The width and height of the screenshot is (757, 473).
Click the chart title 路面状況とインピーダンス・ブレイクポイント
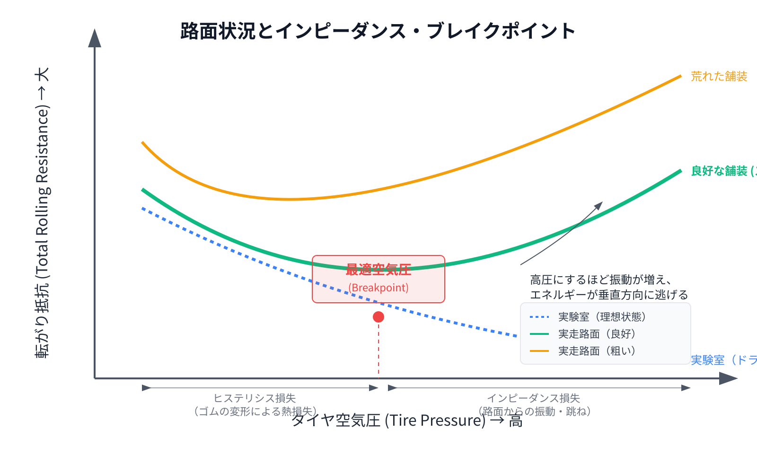(x=378, y=31)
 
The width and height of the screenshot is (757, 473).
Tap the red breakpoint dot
(x=378, y=317)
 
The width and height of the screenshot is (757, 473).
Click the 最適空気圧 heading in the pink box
(x=378, y=270)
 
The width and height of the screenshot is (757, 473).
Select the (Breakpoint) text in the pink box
(x=378, y=288)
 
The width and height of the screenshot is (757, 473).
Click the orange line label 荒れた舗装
(x=719, y=76)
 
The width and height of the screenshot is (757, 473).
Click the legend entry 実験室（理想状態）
(x=602, y=317)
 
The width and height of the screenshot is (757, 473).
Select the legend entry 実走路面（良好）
(x=597, y=334)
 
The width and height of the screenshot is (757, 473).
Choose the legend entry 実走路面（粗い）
(x=597, y=351)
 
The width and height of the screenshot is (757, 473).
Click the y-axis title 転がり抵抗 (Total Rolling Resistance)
(x=42, y=213)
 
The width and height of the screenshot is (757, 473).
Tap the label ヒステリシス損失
(x=255, y=398)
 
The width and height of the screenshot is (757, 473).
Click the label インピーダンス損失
(x=534, y=398)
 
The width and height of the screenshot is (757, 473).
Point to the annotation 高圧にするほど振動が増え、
(x=601, y=280)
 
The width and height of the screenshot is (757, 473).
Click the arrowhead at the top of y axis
(x=95, y=39)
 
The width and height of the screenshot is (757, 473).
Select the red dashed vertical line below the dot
(x=378, y=350)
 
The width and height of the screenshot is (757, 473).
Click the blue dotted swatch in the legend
(x=539, y=317)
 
